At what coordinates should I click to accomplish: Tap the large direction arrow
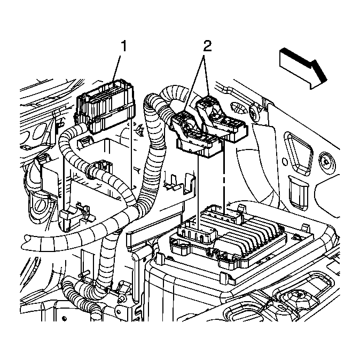click(302, 66)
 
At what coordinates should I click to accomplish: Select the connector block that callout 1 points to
click(105, 111)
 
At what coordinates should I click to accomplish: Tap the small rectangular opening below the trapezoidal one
click(296, 185)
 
